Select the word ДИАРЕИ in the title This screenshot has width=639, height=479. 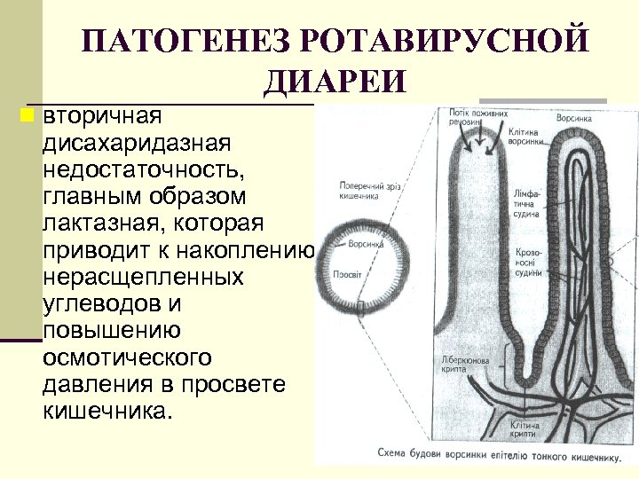pos(335,82)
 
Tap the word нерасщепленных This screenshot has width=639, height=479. pos(143,278)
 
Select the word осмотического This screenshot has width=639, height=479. pos(127,357)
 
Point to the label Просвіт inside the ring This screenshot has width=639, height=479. pos(347,275)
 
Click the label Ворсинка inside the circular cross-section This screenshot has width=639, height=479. pos(365,242)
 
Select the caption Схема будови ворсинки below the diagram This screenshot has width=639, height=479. pos(497,454)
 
